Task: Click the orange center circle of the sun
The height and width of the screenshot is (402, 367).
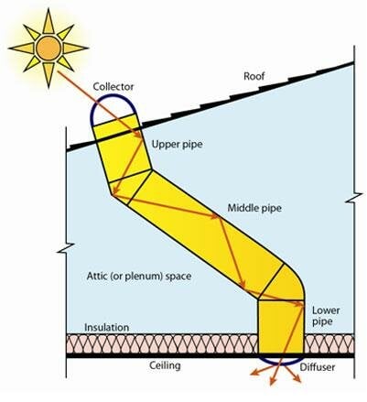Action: pos(49,48)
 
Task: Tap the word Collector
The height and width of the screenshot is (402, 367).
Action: pos(113,87)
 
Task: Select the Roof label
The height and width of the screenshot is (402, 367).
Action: pos(254,76)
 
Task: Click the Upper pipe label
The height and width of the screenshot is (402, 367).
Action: pos(177,144)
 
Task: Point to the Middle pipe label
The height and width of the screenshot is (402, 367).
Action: pos(254,208)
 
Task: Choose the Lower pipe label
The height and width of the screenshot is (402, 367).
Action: pos(326,316)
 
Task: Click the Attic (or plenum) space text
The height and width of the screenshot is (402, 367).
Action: pos(139,277)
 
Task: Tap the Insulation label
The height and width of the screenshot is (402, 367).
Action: pos(106,328)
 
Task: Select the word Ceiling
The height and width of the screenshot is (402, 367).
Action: pos(165,365)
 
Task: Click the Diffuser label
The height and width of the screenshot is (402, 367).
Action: pos(318,367)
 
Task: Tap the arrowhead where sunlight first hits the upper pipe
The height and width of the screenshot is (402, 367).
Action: pos(138,135)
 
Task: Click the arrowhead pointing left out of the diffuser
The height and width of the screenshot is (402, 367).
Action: pos(254,373)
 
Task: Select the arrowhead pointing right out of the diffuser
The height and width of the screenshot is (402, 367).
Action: pos(297,379)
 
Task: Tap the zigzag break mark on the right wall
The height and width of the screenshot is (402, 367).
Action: pos(354,198)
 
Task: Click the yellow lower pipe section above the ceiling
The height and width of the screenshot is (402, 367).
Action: pos(281,327)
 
